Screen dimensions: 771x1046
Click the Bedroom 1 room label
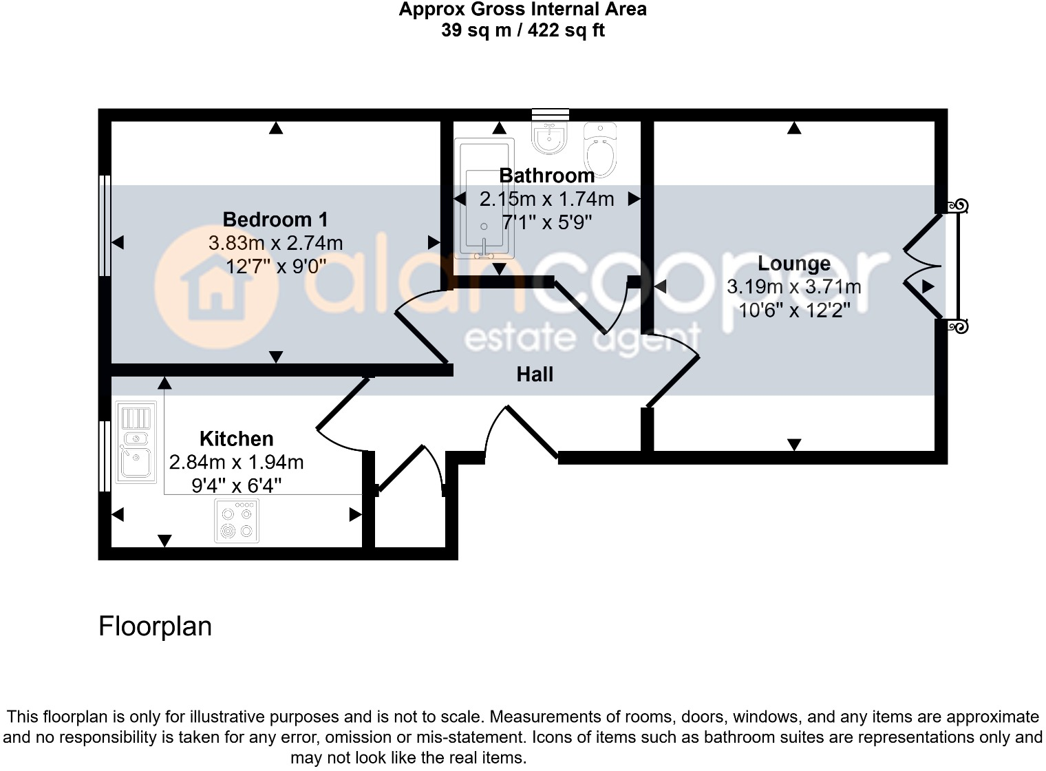(x=275, y=220)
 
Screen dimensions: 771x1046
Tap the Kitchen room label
(x=236, y=439)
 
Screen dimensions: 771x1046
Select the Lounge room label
(x=793, y=264)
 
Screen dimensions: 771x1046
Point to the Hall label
(x=535, y=374)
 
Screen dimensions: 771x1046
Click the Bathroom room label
(x=546, y=176)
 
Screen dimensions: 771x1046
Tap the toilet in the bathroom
(x=600, y=149)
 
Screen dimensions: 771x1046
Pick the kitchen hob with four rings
(x=237, y=521)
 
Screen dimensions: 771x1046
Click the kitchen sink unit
(x=136, y=442)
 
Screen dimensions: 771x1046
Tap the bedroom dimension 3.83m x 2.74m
(x=275, y=243)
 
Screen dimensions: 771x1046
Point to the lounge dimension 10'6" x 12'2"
(x=793, y=310)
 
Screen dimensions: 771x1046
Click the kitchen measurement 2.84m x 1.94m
(x=236, y=462)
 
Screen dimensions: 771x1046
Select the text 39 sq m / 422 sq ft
(x=523, y=30)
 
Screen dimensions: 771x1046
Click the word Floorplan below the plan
(x=155, y=626)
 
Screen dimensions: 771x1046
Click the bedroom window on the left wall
(x=105, y=225)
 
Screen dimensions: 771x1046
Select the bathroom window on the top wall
(x=551, y=114)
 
